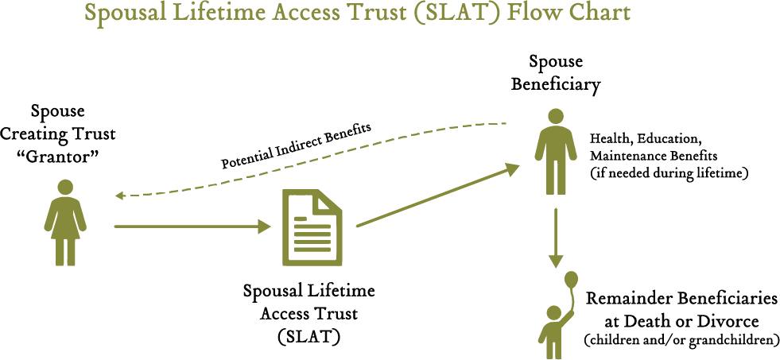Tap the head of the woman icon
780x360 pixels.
[x=65, y=187]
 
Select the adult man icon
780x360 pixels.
[x=556, y=155]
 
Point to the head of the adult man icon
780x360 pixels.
[x=556, y=116]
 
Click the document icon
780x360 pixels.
[x=312, y=228]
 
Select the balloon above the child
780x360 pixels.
[x=571, y=280]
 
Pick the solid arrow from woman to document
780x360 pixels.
[x=191, y=226]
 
